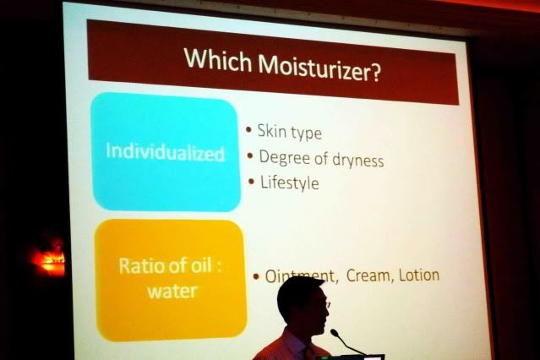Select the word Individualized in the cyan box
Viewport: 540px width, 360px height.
coord(165,152)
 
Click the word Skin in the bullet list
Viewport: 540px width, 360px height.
coord(272,130)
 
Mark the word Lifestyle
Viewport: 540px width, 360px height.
coord(290,183)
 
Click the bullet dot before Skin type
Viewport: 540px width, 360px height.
coord(248,129)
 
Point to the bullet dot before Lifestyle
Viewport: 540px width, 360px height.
coord(251,182)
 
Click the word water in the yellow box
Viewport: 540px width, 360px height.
coord(172,292)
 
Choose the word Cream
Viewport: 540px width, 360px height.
coord(368,275)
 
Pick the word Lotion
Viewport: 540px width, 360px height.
coord(419,275)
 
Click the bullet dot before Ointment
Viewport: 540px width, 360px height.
coord(256,276)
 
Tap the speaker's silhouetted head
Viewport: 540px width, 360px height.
coord(303,304)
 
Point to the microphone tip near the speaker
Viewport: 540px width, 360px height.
coord(334,333)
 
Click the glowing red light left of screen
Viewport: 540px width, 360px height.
coord(51,259)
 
